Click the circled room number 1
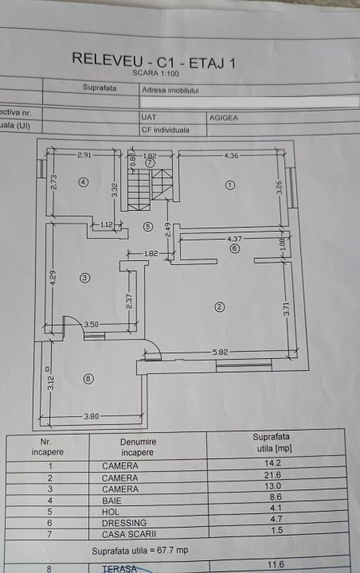point(229,185)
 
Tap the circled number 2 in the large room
point(219,307)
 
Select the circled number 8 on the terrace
point(88,379)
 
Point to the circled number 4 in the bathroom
point(84,182)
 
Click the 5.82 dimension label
point(220,353)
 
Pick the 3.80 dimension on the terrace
point(91,416)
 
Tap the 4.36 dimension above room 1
point(231,156)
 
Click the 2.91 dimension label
point(84,155)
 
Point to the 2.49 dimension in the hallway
point(167,230)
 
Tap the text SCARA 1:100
point(156,73)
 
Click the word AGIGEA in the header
point(224,118)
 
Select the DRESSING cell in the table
point(124,523)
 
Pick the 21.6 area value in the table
point(272,474)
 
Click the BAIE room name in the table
point(112,501)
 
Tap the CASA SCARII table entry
point(129,534)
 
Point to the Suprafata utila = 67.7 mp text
point(139,551)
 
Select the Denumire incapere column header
point(138,447)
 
